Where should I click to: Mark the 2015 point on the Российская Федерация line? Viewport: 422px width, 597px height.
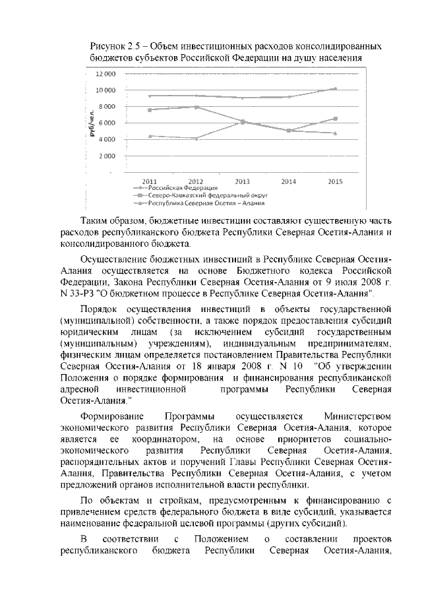pyautogui.click(x=335, y=88)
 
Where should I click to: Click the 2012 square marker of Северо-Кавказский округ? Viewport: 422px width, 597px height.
pyautogui.click(x=196, y=107)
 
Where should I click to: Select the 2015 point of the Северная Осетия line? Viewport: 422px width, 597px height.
pyautogui.click(x=335, y=133)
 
